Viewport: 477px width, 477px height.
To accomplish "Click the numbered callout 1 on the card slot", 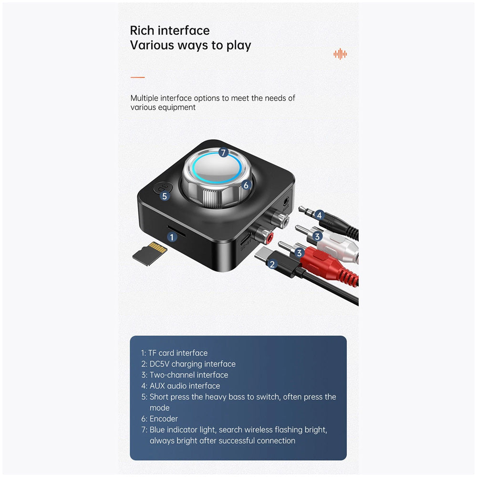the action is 172,237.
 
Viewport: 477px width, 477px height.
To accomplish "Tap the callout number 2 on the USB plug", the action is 272,264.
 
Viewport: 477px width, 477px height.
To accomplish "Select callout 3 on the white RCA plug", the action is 317,236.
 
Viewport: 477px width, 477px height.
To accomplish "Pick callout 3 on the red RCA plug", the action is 299,252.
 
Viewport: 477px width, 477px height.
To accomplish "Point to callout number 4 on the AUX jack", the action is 319,216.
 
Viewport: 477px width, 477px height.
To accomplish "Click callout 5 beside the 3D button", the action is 165,196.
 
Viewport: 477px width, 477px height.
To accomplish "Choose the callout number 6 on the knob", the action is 246,185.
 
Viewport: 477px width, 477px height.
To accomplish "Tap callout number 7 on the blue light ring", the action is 224,153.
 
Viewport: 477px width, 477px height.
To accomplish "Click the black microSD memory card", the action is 150,253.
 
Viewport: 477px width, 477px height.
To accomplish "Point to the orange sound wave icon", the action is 340,54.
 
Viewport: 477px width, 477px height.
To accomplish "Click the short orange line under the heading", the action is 137,77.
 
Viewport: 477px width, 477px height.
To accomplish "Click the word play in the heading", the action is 239,46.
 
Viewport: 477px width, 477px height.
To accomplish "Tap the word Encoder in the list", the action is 164,419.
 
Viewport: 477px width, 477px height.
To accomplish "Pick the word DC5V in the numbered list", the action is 159,364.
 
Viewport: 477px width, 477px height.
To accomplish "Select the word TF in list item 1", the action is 152,353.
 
